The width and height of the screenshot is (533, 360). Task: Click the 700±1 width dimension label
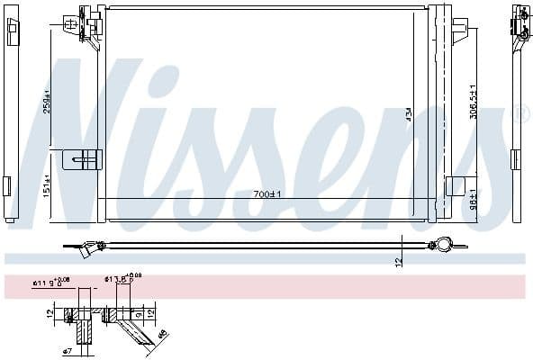(266, 194)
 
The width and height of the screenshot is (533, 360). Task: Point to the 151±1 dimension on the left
(48, 184)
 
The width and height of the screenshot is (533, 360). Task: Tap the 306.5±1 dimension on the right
(473, 101)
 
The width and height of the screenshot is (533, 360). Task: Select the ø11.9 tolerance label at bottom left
(51, 283)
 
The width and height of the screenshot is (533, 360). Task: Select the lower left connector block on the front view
(84, 160)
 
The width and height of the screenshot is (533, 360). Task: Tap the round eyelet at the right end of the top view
(441, 243)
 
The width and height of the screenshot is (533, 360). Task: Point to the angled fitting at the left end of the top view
(89, 248)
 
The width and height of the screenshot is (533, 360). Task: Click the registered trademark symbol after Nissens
(519, 114)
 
